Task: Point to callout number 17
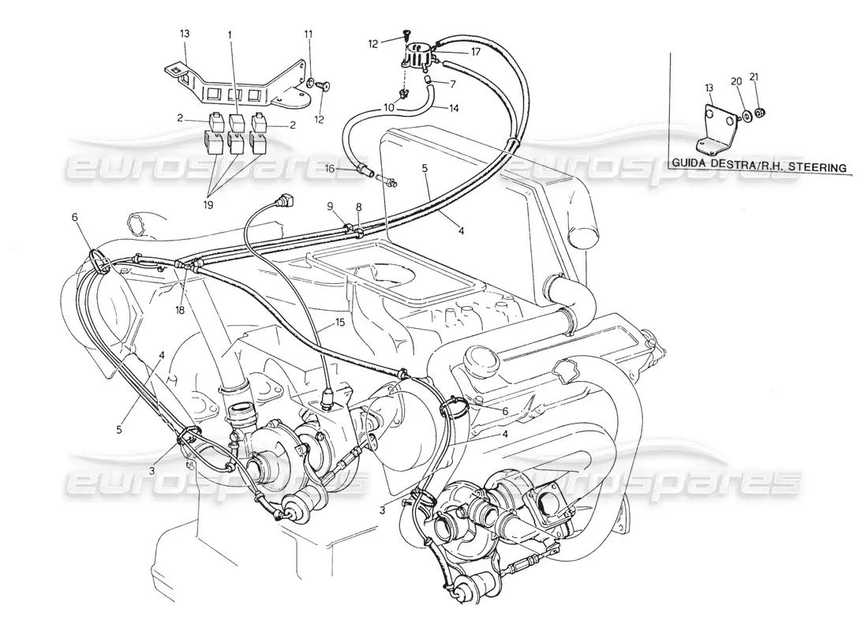476,53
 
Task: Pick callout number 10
389,106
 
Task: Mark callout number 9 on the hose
332,207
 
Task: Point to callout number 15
340,323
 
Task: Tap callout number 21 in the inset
754,77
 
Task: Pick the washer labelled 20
745,118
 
